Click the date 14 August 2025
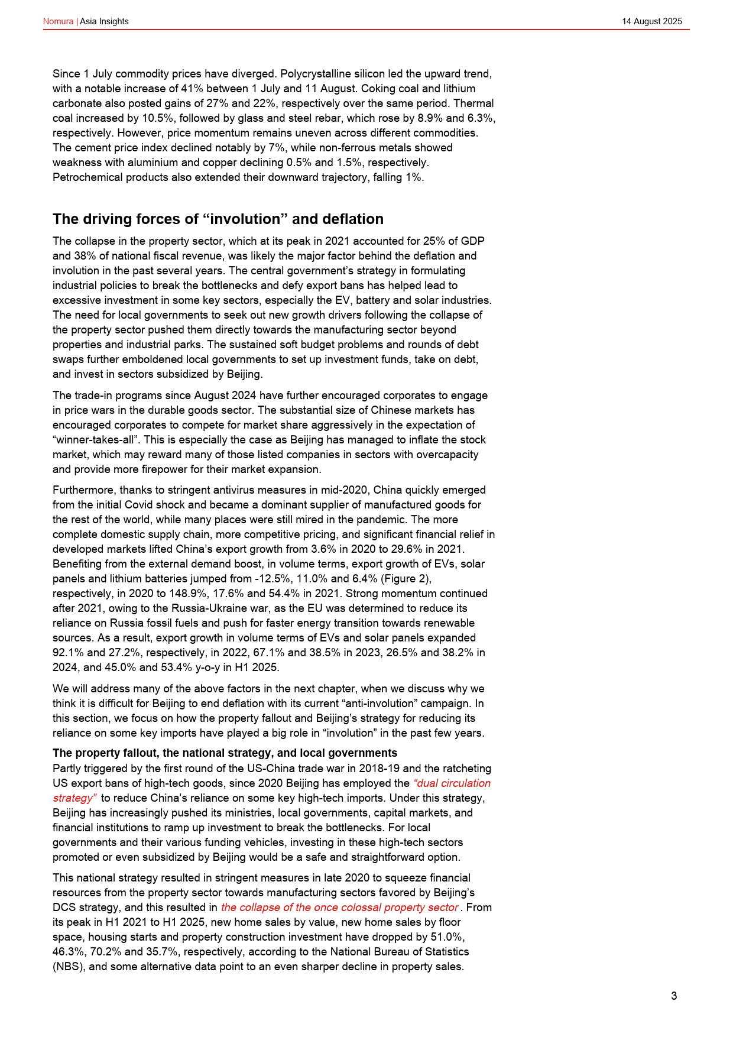(651, 21)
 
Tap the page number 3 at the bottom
(674, 996)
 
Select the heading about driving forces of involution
(218, 219)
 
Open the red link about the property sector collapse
(339, 908)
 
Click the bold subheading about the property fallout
(225, 753)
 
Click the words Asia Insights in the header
(104, 21)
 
